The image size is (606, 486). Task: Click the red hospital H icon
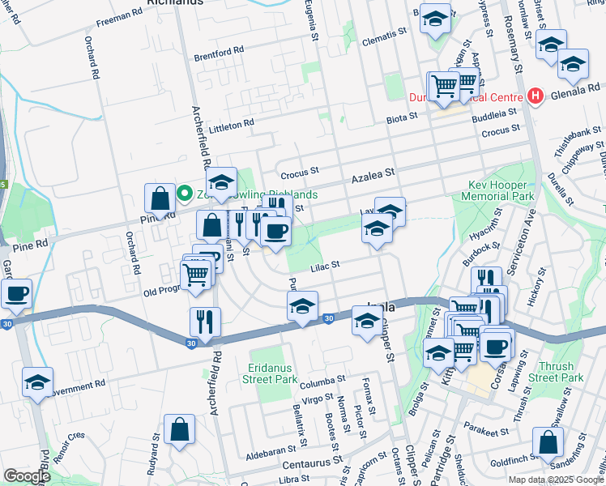coord(534,96)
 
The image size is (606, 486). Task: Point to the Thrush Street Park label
coord(555,372)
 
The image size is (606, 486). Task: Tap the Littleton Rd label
coord(231,126)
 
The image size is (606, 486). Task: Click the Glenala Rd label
coord(576,93)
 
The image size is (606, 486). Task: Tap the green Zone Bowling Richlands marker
coord(184,194)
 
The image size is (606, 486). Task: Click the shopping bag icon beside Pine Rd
coord(160,198)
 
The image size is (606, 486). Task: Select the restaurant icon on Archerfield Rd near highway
coord(205,322)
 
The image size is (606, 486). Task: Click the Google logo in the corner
coord(28,475)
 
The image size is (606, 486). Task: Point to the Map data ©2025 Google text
coord(556,480)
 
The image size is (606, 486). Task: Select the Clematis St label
coord(385,35)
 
